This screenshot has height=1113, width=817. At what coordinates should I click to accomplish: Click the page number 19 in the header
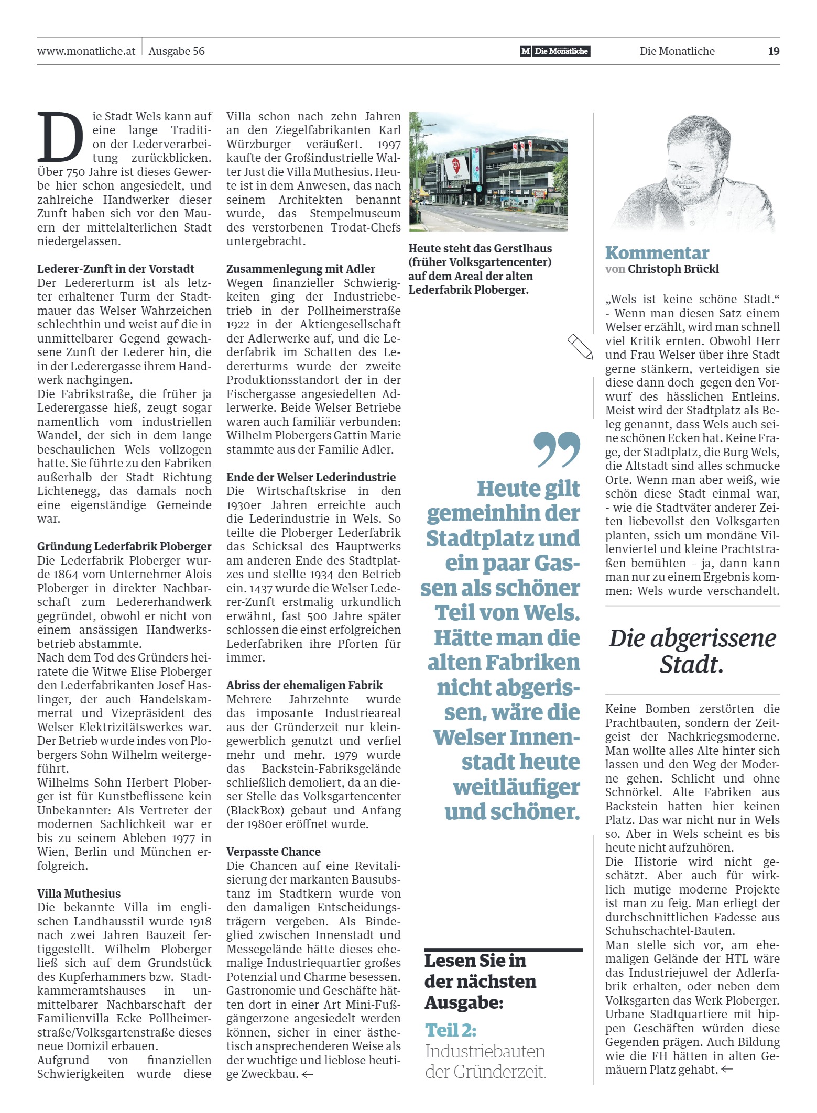pyautogui.click(x=774, y=51)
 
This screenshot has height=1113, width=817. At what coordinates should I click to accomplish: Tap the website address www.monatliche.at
pyautogui.click(x=86, y=51)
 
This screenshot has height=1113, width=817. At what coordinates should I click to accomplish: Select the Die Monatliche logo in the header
pyautogui.click(x=555, y=51)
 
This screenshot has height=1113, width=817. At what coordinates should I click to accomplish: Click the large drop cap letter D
pyautogui.click(x=60, y=137)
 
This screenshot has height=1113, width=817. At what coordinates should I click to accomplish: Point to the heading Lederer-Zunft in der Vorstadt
pyautogui.click(x=115, y=269)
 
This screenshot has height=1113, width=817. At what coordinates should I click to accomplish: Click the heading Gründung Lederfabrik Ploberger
pyautogui.click(x=124, y=546)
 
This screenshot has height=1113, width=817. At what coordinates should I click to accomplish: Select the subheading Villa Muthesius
pyautogui.click(x=79, y=894)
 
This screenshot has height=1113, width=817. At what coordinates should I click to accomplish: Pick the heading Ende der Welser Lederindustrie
pyautogui.click(x=311, y=477)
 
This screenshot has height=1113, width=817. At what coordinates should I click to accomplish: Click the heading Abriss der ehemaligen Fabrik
pyautogui.click(x=304, y=685)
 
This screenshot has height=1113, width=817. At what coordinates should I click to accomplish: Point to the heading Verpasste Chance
pyautogui.click(x=273, y=852)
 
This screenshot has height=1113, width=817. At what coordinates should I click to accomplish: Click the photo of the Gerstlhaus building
pyautogui.click(x=488, y=171)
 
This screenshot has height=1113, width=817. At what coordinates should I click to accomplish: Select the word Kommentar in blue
pyautogui.click(x=657, y=253)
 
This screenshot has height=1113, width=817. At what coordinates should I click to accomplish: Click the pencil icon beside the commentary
pyautogui.click(x=580, y=346)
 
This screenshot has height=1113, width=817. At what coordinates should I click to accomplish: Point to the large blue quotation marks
pyautogui.click(x=557, y=449)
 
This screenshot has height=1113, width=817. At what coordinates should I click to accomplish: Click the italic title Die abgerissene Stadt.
pyautogui.click(x=692, y=651)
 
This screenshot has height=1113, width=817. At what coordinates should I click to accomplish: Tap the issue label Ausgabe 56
pyautogui.click(x=177, y=51)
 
